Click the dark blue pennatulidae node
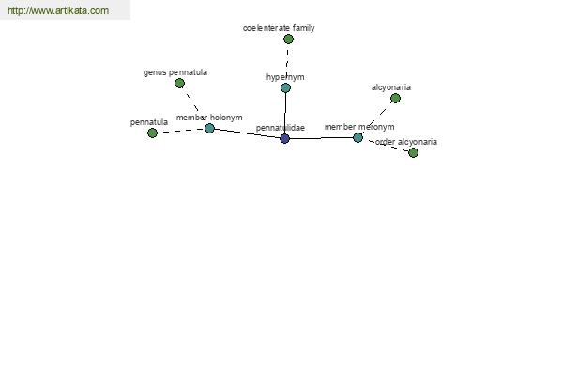pos(284,138)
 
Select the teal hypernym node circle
pos(285,87)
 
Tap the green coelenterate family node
pos(288,39)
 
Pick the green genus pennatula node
pos(179,84)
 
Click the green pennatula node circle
pos(152,133)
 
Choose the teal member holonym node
pos(209,128)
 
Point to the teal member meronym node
pos(358,137)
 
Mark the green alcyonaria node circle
pos(395,98)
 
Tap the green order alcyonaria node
pos(413,152)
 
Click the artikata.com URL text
pos(58,10)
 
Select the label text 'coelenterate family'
pos(279,28)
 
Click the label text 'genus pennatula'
pos(175,72)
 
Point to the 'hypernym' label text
pos(285,77)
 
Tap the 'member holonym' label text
pos(209,117)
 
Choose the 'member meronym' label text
pos(359,127)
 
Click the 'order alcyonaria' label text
pos(406,142)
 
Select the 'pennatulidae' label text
pos(281,128)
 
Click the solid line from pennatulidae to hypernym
pos(285,113)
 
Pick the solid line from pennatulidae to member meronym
pos(321,138)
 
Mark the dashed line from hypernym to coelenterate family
pos(287,63)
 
